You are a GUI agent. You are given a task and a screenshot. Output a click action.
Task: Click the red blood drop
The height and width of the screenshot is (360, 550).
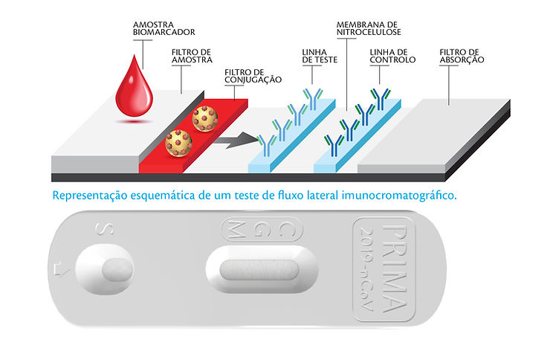(134, 91)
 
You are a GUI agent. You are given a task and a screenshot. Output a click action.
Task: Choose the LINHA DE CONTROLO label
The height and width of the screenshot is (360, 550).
(392, 56)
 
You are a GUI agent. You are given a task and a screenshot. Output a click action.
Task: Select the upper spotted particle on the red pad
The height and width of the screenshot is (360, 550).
(204, 118)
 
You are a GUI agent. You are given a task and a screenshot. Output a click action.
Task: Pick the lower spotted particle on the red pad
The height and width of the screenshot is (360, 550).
(178, 141)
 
